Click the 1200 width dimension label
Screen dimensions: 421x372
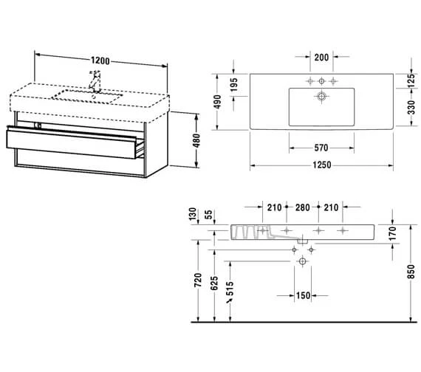[x=100, y=61]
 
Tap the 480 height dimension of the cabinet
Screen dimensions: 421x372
[x=196, y=140]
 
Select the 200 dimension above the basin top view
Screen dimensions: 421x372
[x=321, y=57]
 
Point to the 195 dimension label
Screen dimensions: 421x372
[x=234, y=85]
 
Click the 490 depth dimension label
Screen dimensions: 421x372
[x=217, y=102]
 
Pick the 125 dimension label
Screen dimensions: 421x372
[x=411, y=80]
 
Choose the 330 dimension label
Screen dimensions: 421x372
[x=411, y=107]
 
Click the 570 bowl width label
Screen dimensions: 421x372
[x=321, y=148]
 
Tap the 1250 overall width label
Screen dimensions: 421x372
[x=321, y=165]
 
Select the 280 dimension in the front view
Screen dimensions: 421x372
[x=303, y=207]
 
